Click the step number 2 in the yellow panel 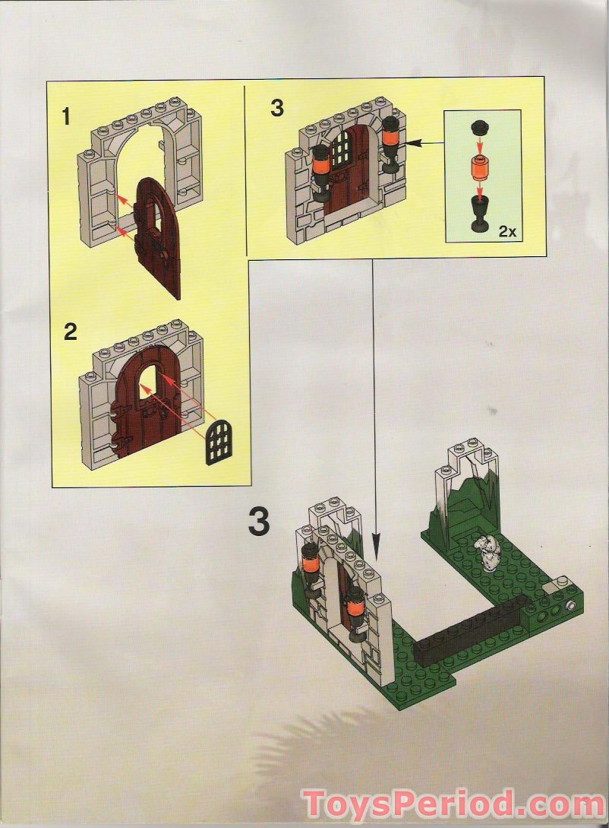pyautogui.click(x=71, y=332)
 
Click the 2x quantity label pyautogui.click(x=507, y=233)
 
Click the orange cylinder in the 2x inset pyautogui.click(x=478, y=167)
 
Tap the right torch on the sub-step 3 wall pyautogui.click(x=392, y=144)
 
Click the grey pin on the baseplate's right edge pyautogui.click(x=570, y=606)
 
